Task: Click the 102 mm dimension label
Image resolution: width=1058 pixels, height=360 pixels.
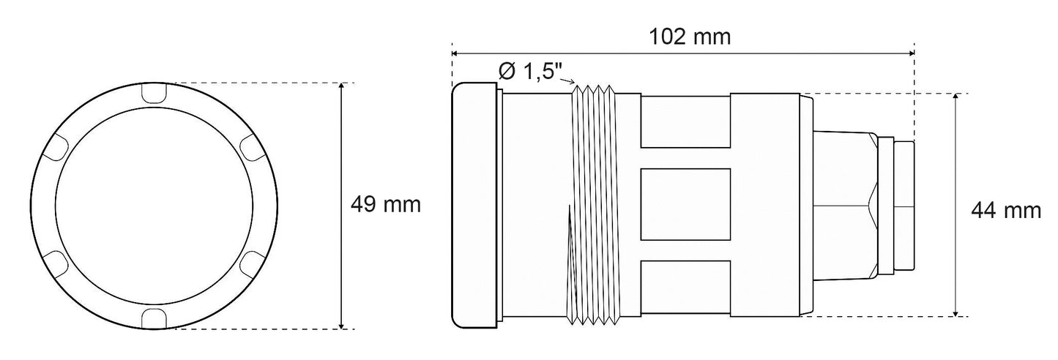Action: pos(690,37)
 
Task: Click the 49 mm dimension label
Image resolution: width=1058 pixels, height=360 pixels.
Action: pos(386,205)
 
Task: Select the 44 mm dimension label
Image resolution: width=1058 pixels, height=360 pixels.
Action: pos(1005,211)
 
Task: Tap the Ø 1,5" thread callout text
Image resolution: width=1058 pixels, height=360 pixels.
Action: pos(530,72)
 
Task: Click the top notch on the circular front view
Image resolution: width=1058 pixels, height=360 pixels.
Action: pos(154,94)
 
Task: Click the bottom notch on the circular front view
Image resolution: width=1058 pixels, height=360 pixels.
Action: pos(154,317)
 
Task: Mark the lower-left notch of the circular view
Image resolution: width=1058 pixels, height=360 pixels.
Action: pos(56,262)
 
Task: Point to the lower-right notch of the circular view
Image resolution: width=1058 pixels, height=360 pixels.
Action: pos(252,262)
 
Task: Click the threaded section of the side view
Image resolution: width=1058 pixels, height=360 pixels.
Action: pos(595,205)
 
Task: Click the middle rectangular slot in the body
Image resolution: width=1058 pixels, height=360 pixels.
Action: pos(685,205)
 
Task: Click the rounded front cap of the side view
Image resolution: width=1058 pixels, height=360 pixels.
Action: pos(474,205)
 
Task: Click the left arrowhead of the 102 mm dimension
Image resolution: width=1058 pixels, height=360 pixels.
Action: pos(455,53)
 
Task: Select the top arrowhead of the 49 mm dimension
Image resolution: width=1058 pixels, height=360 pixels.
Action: pos(342,86)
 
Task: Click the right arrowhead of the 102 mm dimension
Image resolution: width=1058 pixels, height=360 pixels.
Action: pos(911,53)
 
